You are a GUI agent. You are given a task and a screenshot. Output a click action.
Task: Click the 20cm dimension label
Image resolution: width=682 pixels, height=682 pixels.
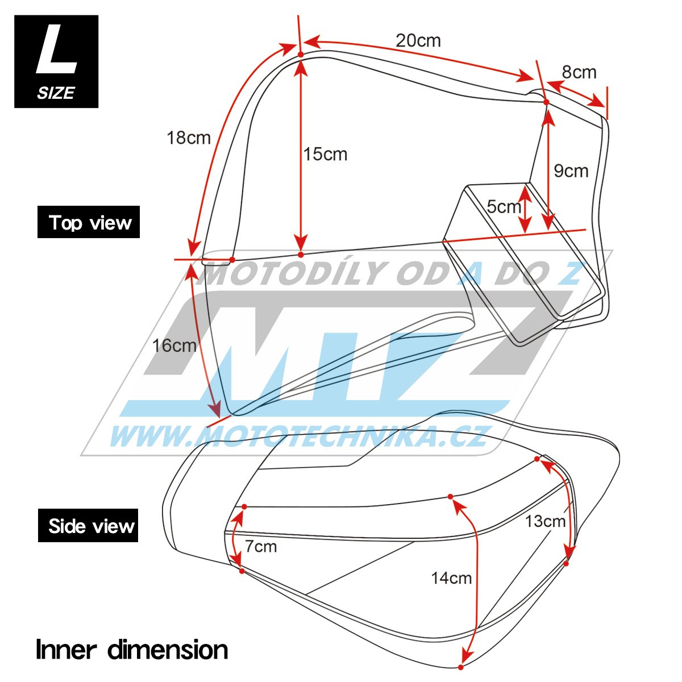click(418, 41)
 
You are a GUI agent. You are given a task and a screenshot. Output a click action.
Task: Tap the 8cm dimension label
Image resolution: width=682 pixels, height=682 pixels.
click(579, 72)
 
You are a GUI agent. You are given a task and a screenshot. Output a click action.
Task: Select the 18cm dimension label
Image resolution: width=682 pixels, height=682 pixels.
click(189, 138)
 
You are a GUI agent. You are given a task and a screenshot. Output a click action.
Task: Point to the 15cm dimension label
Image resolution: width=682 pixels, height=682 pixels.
click(325, 155)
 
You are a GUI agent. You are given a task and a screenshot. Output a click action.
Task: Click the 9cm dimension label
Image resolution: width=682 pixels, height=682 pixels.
click(571, 171)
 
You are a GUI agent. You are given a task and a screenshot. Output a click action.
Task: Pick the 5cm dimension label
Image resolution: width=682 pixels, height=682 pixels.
click(504, 206)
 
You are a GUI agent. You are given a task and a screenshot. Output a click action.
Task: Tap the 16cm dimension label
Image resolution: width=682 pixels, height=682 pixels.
click(174, 346)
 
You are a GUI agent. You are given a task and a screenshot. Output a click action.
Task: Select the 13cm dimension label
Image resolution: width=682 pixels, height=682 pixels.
click(545, 521)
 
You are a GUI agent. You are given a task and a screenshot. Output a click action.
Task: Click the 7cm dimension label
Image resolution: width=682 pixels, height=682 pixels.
click(261, 547)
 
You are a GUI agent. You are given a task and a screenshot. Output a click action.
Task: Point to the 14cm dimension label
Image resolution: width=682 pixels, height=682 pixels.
click(452, 579)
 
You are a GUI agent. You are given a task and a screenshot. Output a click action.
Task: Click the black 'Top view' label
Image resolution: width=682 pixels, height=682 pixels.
click(89, 222)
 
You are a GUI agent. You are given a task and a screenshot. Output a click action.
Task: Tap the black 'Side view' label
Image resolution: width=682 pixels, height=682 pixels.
click(88, 525)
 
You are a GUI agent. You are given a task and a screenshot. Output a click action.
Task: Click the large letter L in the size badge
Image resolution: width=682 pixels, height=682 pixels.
click(56, 49)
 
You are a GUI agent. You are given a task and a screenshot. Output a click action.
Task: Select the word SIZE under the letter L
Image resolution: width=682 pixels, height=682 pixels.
click(56, 93)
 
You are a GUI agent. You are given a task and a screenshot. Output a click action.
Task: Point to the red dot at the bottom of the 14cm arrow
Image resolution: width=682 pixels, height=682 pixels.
click(460, 667)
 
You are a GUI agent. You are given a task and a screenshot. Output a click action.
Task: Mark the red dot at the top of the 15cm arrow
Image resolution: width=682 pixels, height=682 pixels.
click(301, 55)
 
